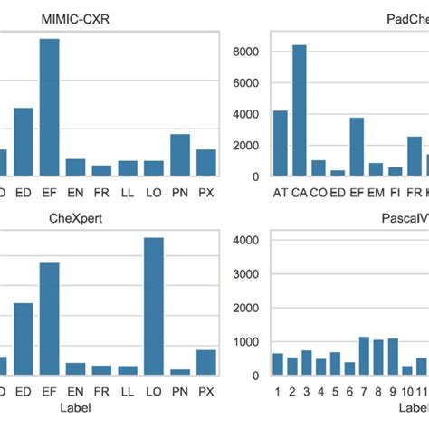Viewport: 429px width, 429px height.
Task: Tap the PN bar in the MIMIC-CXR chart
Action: (180, 154)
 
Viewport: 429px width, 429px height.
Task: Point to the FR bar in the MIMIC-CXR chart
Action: (101, 170)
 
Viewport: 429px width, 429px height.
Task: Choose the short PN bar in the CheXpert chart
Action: (180, 371)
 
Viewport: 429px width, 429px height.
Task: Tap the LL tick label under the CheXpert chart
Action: (128, 392)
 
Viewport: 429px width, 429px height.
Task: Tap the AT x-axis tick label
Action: (280, 193)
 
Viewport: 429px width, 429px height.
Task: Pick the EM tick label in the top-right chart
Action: (375, 193)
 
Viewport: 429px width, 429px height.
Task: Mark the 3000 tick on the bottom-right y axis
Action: (248, 274)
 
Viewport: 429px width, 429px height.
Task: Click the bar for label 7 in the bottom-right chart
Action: (364, 356)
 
